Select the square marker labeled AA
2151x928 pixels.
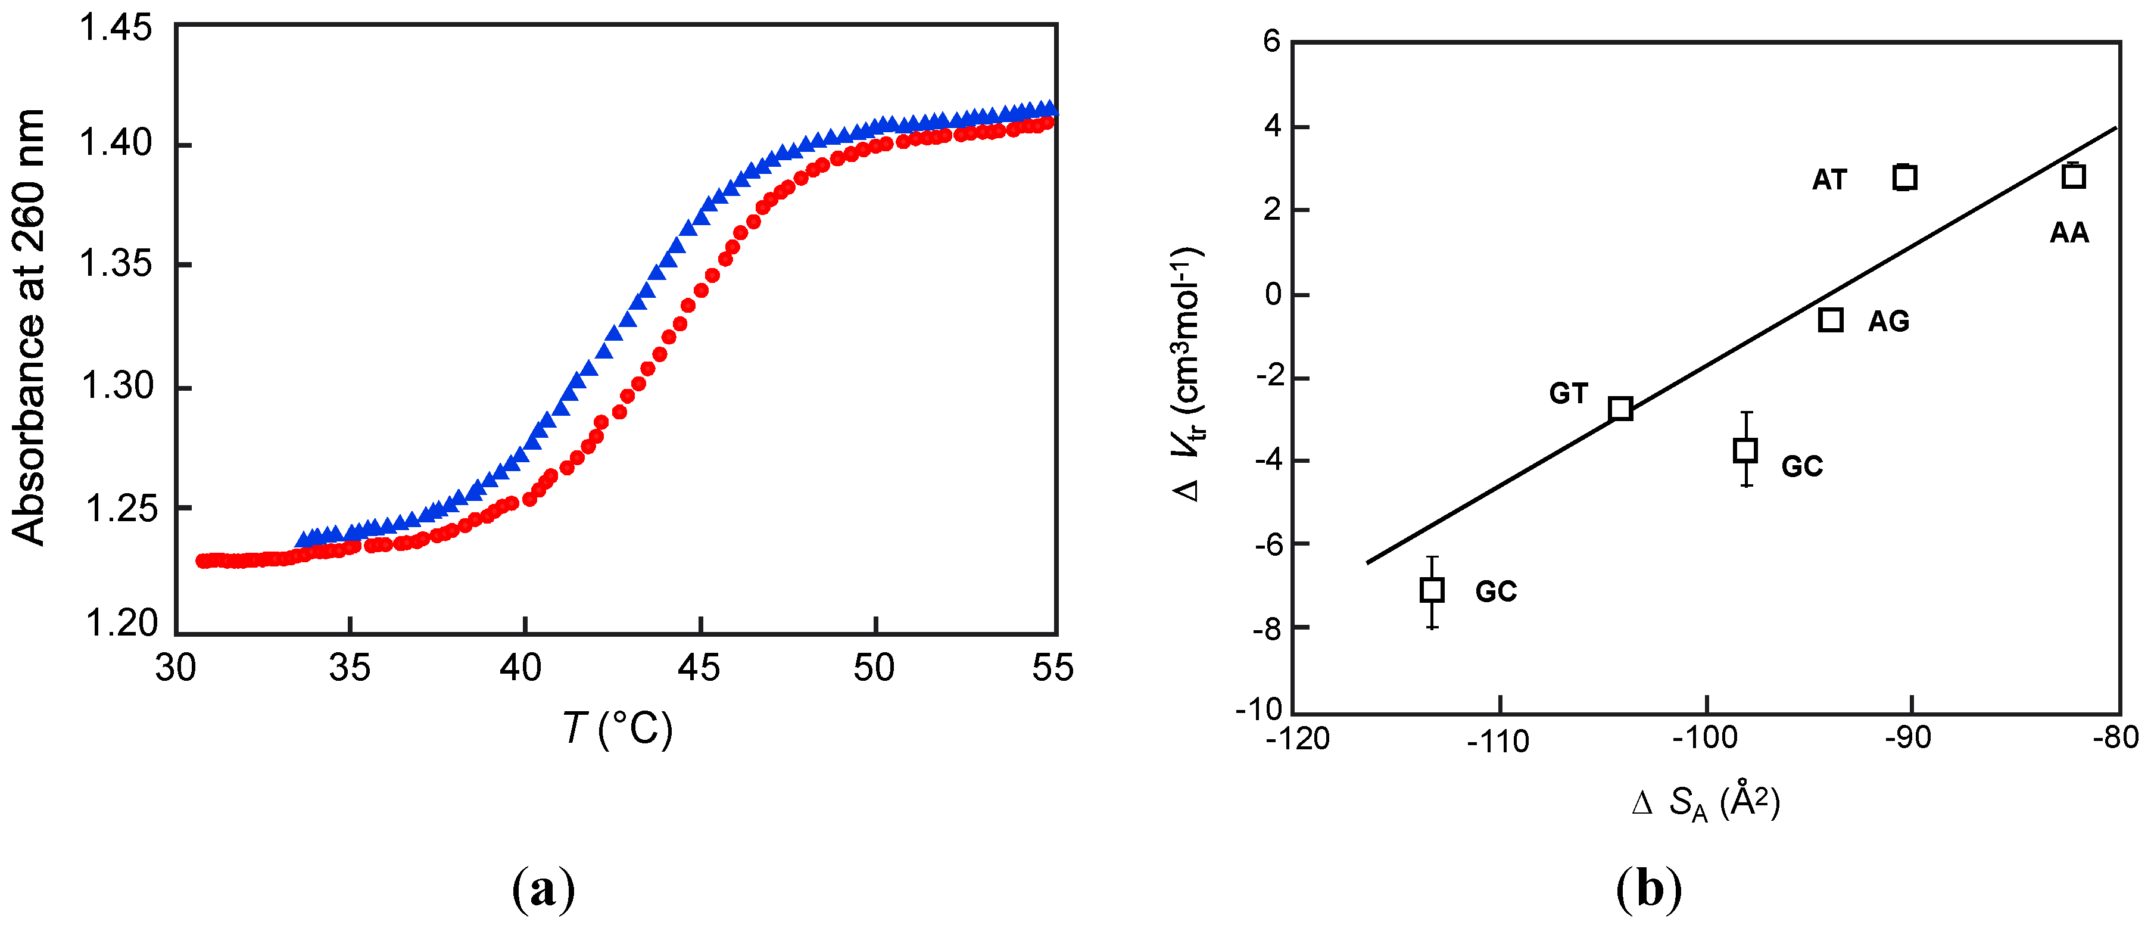tap(2074, 176)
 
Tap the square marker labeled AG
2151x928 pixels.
tap(1831, 320)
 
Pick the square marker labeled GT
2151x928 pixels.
tap(1621, 409)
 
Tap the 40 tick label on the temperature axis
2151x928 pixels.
tap(521, 668)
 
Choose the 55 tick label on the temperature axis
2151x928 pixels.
tap(1052, 668)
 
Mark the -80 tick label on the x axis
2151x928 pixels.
tap(2116, 737)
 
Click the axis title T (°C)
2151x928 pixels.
tap(617, 728)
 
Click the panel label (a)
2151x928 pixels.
tap(544, 889)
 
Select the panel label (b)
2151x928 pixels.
tap(1648, 889)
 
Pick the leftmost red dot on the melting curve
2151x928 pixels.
tap(202, 560)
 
